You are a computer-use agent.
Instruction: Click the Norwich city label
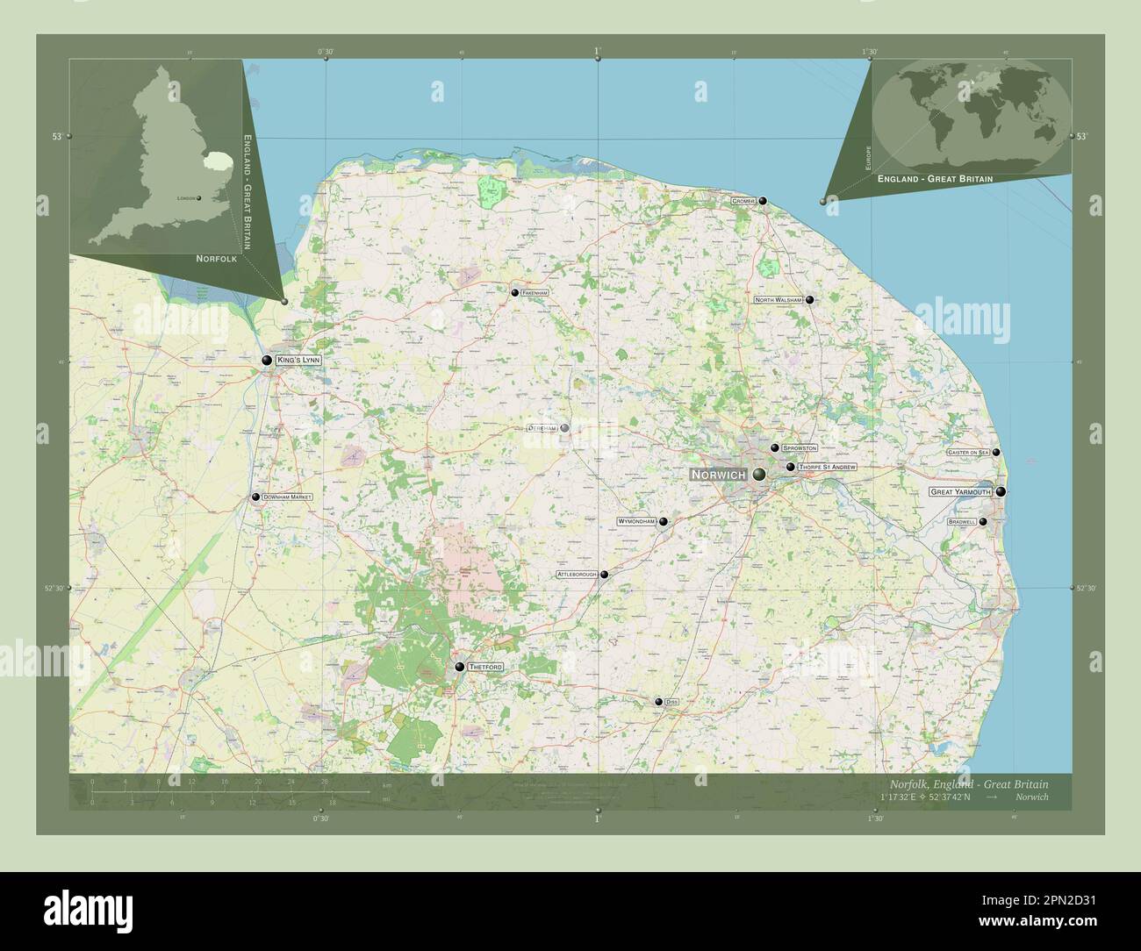[718, 475]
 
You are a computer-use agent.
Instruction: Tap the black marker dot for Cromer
[764, 201]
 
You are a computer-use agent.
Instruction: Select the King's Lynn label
[298, 361]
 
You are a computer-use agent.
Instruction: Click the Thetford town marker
[459, 668]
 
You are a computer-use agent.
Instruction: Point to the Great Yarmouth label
[960, 492]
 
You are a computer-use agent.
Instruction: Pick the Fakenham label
[534, 292]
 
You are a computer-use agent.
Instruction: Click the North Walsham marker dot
[809, 300]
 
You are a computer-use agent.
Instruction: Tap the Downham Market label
[287, 497]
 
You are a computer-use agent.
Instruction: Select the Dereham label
[542, 428]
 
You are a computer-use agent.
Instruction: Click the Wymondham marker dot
[664, 522]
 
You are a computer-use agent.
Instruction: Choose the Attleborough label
[577, 575]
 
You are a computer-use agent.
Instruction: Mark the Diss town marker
[658, 702]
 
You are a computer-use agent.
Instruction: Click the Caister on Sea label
[967, 452]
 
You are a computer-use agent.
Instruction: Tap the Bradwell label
[962, 522]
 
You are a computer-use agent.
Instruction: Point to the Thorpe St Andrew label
[827, 468]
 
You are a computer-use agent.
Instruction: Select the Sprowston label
[800, 448]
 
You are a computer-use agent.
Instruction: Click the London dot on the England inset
[199, 198]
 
